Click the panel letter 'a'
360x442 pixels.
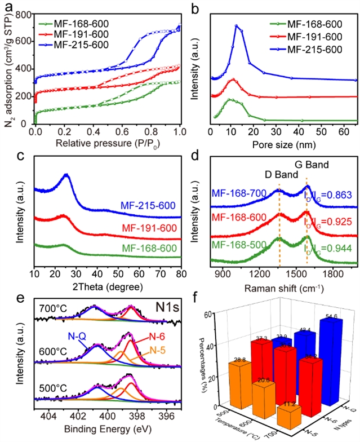(7, 7)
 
